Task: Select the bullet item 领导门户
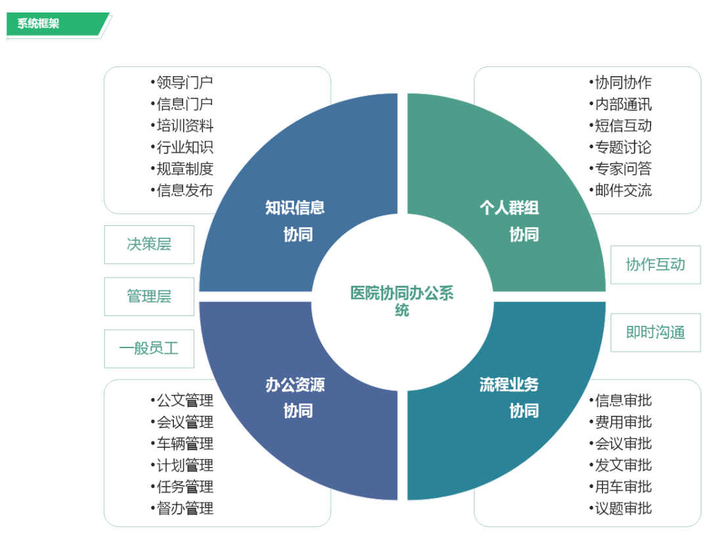182,83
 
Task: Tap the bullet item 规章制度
182,169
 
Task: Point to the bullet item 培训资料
182,125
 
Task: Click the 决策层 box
149,244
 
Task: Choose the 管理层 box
149,296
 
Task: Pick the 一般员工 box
149,348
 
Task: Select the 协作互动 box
656,265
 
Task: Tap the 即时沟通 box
656,332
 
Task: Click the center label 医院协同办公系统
402,301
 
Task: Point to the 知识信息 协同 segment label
295,221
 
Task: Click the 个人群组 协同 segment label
509,221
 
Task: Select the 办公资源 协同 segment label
295,397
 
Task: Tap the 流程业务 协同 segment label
509,397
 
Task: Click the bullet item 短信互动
620,125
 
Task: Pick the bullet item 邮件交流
620,190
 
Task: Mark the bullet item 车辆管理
182,444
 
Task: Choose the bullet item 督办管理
182,508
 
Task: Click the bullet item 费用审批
620,422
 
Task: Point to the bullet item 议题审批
620,508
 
